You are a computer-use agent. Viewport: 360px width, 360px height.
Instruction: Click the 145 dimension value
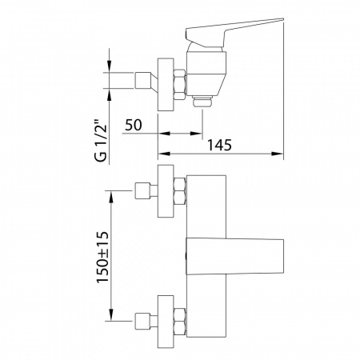(219, 146)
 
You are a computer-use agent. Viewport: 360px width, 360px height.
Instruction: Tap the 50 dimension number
(134, 125)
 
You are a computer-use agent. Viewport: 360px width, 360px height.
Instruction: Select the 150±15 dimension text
(102, 257)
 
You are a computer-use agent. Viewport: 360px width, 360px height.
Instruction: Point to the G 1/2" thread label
(101, 142)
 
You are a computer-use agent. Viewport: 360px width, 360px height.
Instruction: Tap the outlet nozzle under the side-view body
(203, 100)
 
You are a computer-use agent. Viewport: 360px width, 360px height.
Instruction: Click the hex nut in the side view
(179, 85)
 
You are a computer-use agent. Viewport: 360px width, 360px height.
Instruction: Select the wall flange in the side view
(166, 85)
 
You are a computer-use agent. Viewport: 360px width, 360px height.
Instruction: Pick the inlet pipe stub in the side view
(146, 80)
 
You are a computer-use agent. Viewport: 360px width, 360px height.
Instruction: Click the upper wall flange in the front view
(166, 191)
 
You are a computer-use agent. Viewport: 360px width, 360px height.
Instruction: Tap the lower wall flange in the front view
(166, 322)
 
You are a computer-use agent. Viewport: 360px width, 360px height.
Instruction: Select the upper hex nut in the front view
(179, 191)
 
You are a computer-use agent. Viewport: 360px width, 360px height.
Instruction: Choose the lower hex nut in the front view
(179, 322)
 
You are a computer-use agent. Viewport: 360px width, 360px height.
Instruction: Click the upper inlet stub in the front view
(146, 191)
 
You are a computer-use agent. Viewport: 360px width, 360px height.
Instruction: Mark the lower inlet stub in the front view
(146, 322)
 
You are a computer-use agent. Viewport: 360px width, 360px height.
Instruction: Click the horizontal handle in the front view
(234, 256)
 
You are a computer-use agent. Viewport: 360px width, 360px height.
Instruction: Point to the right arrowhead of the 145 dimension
(277, 154)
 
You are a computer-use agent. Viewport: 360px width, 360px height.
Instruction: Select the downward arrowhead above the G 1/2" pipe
(110, 66)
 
